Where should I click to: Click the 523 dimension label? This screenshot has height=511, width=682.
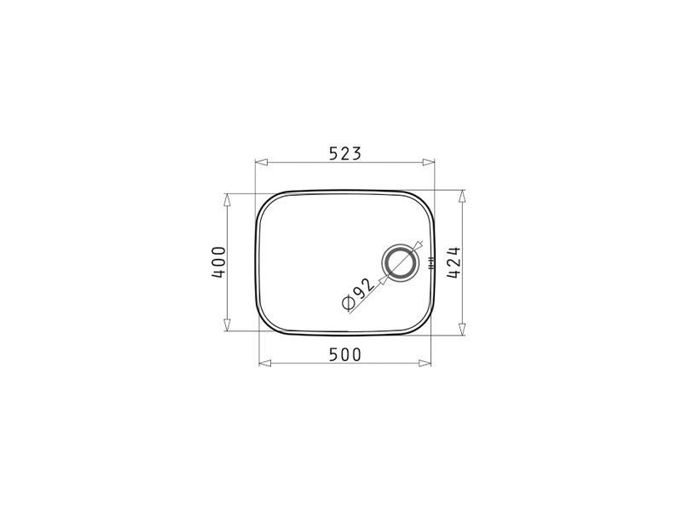[x=345, y=153]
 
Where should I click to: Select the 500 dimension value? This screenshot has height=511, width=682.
[x=345, y=355]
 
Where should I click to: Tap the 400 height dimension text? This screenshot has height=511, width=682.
[x=219, y=262]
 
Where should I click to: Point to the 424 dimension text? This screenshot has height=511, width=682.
[x=454, y=262]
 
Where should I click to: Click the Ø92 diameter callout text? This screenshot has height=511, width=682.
[x=358, y=294]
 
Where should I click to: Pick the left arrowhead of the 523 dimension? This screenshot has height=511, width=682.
[x=261, y=163]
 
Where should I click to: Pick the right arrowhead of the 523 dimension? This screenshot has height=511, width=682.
[x=429, y=163]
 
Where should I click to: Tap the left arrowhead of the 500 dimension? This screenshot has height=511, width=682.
[x=265, y=364]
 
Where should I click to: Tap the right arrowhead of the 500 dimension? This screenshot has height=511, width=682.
[x=425, y=364]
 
